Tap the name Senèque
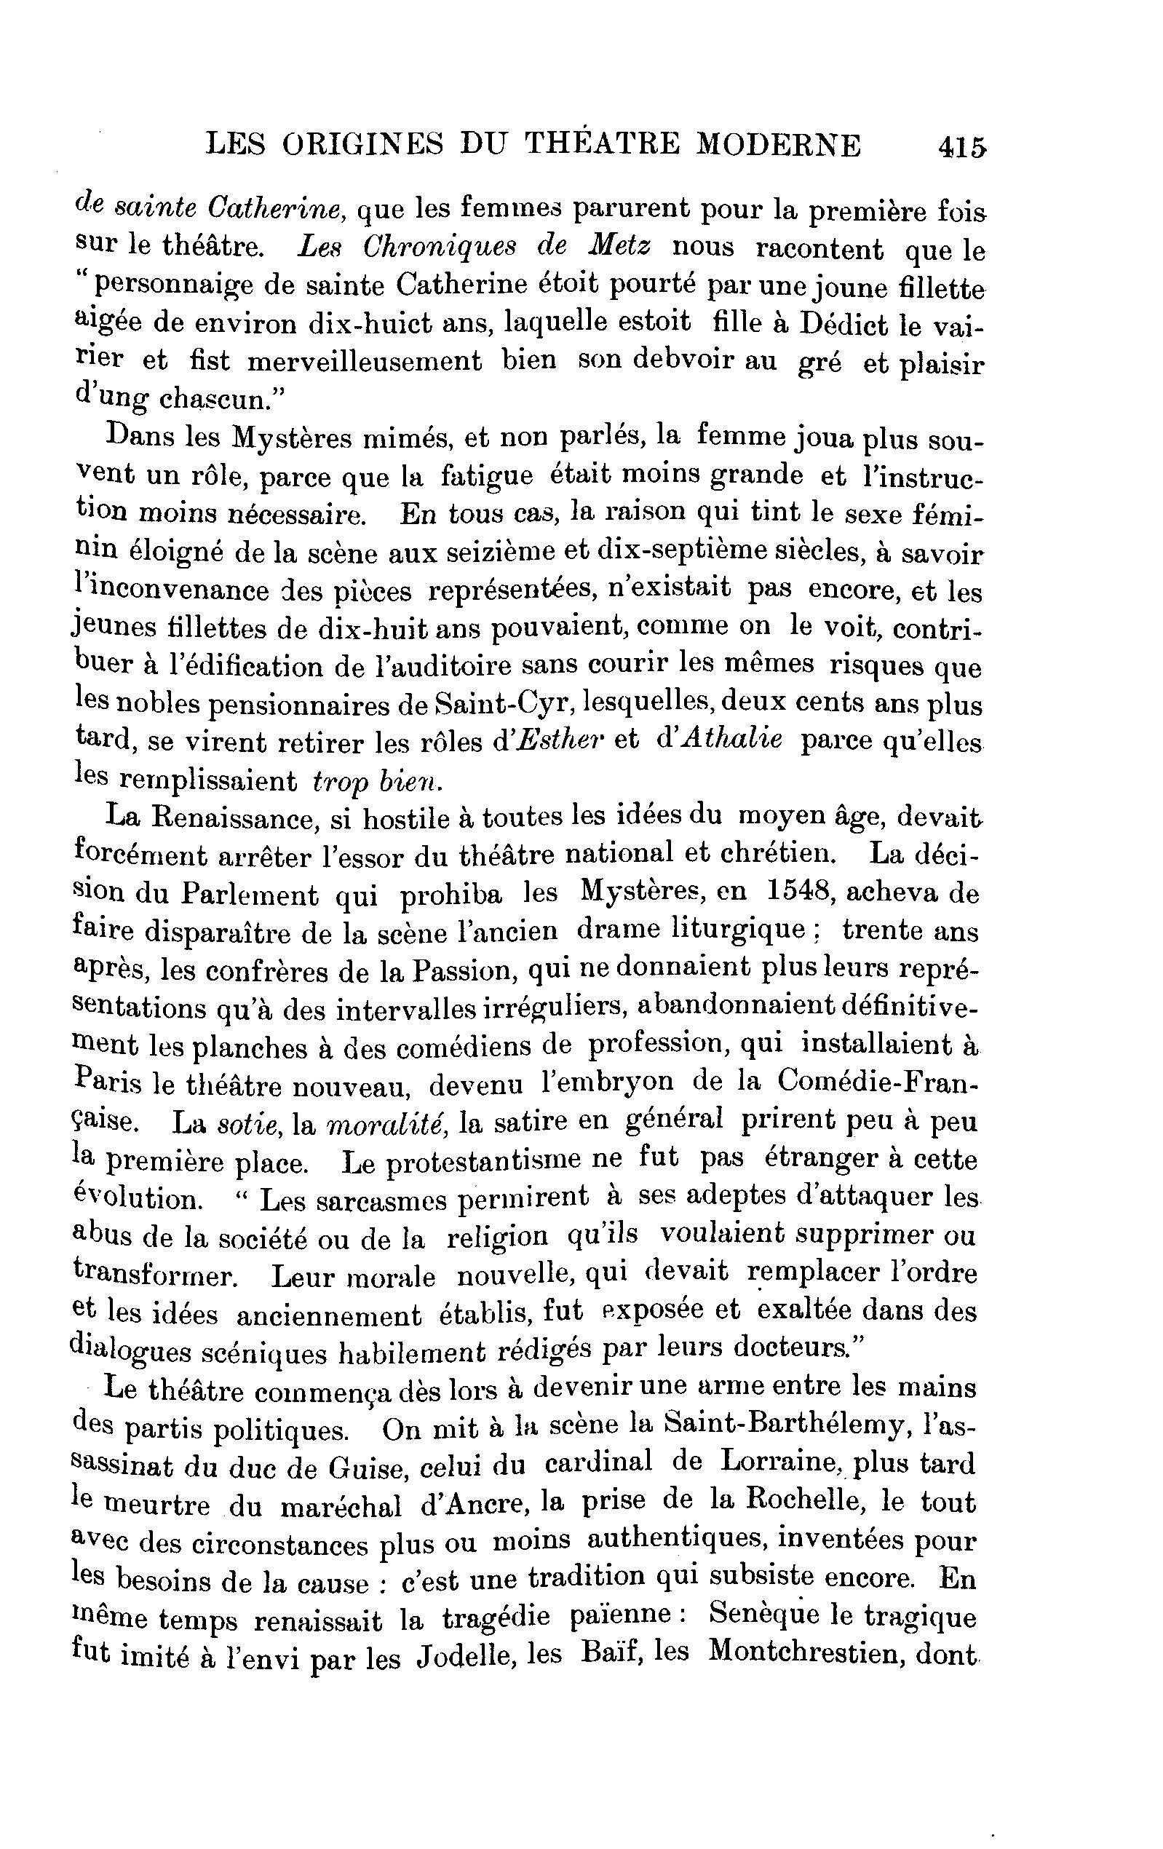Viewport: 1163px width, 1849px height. pos(774,1615)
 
